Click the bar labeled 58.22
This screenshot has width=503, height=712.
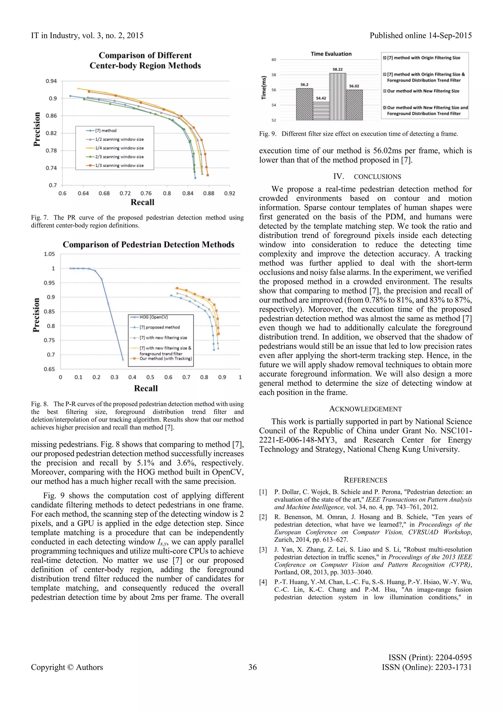[x=338, y=97]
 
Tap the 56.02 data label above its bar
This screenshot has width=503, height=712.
[x=354, y=86]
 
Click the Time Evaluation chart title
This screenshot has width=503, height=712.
[x=331, y=54]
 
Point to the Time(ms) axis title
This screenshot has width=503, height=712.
[x=264, y=88]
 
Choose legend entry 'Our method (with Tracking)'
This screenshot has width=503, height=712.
[x=165, y=359]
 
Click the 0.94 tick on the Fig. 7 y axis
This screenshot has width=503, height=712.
[x=51, y=81]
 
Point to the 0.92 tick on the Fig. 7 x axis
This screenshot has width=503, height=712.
[x=229, y=194]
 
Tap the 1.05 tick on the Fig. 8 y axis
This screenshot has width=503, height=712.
[x=49, y=254]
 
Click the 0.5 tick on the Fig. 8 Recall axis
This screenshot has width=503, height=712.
[x=150, y=378]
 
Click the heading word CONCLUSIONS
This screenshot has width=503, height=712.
[x=377, y=177]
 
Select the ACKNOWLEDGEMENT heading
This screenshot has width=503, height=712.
[x=365, y=409]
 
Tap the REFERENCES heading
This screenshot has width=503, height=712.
[x=365, y=480]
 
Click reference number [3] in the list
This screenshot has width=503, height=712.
[x=263, y=550]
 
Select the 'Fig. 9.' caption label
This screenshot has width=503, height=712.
[x=268, y=134]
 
